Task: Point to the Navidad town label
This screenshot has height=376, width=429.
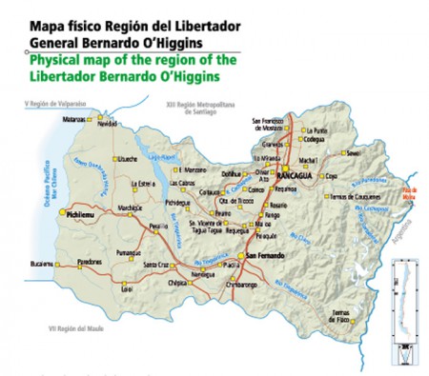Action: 107,124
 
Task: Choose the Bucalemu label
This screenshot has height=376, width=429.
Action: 42,263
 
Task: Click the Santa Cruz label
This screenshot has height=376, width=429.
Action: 158,265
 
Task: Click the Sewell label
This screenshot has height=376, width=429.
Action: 355,152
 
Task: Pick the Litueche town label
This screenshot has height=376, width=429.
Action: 128,158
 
